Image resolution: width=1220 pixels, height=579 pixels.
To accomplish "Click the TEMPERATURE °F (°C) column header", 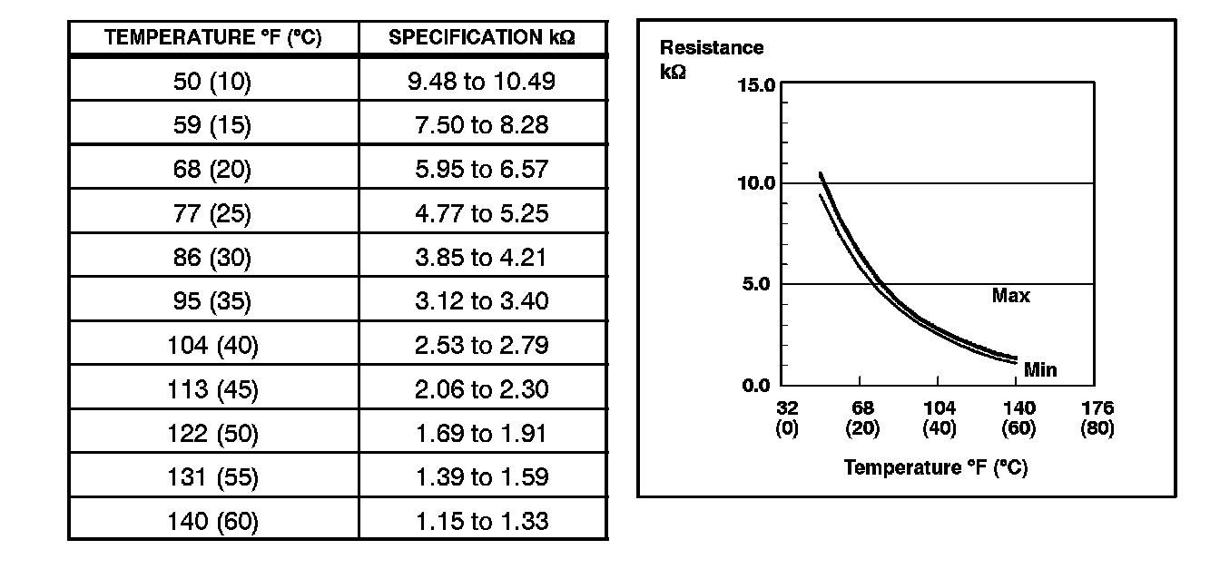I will (213, 38).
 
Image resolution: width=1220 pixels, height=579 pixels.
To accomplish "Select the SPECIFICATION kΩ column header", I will (483, 38).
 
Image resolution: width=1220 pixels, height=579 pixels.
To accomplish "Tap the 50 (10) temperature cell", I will (213, 82).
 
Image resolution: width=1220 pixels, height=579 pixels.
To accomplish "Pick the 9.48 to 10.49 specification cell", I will (482, 82).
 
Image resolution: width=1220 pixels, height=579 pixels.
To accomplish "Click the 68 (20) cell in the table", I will (213, 170).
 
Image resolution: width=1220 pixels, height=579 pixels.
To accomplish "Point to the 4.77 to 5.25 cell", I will (482, 213).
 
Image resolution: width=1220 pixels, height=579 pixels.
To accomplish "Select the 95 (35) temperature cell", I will (213, 300).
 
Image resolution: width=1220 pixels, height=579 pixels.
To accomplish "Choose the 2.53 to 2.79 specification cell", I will (482, 345).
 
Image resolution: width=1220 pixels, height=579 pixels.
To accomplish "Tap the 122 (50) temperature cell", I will (213, 433).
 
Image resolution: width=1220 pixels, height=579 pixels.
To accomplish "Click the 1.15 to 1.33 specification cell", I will (482, 522).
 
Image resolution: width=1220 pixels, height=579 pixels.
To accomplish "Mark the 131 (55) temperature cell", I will (213, 477).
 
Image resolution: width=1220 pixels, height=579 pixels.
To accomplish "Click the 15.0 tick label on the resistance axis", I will (756, 86).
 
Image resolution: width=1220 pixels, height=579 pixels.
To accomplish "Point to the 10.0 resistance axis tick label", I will (756, 183).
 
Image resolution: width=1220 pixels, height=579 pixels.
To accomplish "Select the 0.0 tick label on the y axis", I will (756, 386).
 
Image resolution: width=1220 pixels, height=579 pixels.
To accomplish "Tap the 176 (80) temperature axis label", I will (1097, 418).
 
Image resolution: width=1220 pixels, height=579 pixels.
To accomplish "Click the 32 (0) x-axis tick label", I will (786, 418).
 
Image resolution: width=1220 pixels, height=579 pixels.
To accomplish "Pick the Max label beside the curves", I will (1010, 296).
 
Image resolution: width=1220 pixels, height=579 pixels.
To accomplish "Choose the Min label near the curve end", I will (1039, 370).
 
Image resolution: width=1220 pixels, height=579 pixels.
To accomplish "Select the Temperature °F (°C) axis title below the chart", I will (935, 468).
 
